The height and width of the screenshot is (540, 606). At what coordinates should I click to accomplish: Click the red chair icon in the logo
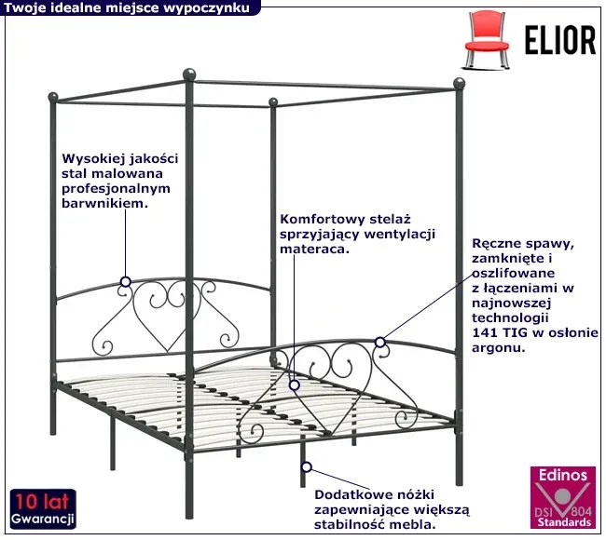pyautogui.click(x=489, y=34)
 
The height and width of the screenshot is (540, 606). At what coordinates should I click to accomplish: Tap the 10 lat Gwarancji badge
pyautogui.click(x=43, y=507)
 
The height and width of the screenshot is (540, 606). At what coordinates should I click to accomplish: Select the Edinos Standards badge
pyautogui.click(x=561, y=497)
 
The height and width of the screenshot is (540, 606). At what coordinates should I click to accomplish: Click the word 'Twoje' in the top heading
pyautogui.click(x=24, y=7)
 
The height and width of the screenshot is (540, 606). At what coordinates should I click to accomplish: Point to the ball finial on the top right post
pyautogui.click(x=459, y=83)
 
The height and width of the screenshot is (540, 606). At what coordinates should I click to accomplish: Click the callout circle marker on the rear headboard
pyautogui.click(x=126, y=279)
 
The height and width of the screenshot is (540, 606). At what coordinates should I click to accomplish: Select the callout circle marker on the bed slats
pyautogui.click(x=295, y=383)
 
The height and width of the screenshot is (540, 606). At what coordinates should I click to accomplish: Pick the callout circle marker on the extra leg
pyautogui.click(x=305, y=466)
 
